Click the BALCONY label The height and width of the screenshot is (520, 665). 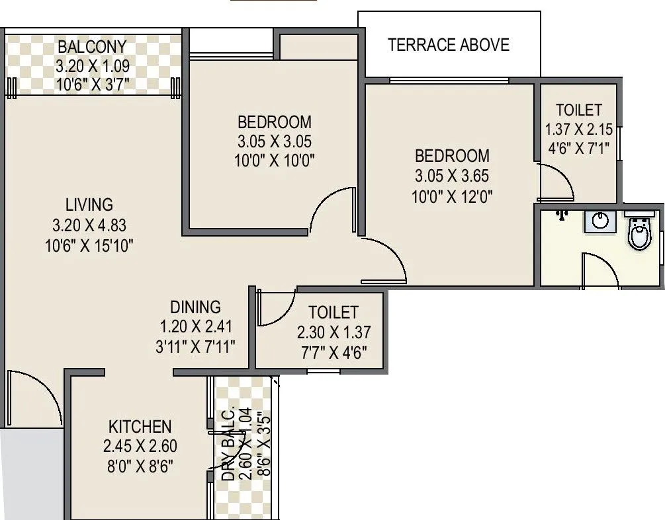click(x=92, y=48)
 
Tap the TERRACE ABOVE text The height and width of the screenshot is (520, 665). click(x=449, y=45)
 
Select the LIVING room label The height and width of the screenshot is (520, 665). click(x=89, y=204)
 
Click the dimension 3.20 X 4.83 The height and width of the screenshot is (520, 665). click(x=89, y=225)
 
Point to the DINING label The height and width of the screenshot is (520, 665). click(x=195, y=307)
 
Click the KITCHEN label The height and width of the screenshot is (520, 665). click(x=140, y=426)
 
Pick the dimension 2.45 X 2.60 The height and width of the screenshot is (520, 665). click(x=140, y=446)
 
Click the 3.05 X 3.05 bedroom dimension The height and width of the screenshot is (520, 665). click(x=275, y=141)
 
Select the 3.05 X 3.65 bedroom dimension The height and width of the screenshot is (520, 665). click(x=453, y=176)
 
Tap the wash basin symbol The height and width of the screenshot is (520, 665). click(x=600, y=221)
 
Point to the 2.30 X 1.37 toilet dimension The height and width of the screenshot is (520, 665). click(x=333, y=333)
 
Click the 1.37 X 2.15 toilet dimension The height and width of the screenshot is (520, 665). click(x=579, y=130)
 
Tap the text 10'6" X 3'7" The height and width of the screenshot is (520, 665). click(x=92, y=84)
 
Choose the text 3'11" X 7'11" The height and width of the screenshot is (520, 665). click(x=195, y=346)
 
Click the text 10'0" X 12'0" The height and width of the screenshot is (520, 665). click(x=453, y=197)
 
